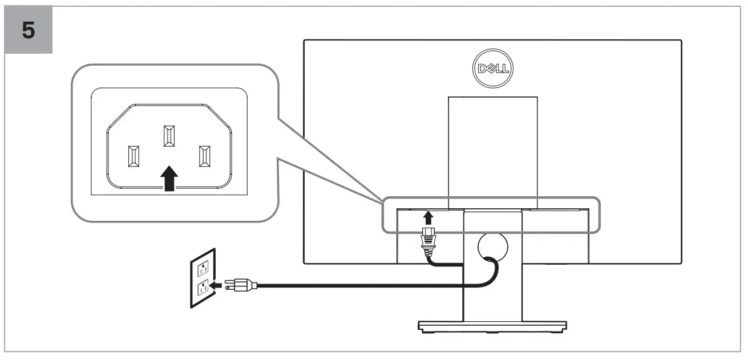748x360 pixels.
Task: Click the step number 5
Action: click(29, 30)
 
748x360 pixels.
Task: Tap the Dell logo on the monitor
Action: click(494, 69)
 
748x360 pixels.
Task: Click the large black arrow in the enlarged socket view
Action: click(169, 179)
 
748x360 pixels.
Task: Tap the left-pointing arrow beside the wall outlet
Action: click(215, 284)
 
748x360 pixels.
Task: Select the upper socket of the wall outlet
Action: click(202, 268)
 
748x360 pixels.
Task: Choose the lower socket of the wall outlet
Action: click(202, 288)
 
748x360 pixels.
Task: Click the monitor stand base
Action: click(492, 326)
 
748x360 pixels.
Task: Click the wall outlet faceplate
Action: click(203, 278)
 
